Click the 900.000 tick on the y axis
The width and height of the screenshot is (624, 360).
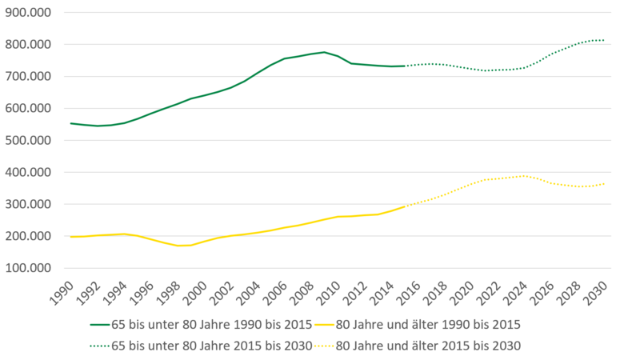click(x=29, y=13)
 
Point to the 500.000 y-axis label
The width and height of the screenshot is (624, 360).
click(x=29, y=140)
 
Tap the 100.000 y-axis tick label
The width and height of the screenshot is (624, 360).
click(x=29, y=268)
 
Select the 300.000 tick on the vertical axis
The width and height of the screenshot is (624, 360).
click(x=29, y=204)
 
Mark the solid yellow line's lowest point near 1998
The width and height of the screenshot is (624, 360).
click(x=178, y=246)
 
